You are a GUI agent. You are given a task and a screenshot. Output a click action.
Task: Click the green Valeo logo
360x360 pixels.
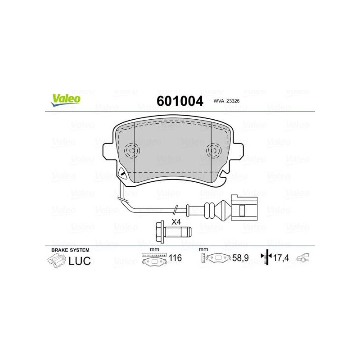pyautogui.click(x=66, y=100)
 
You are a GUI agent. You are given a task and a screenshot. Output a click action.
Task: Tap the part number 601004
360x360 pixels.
pyautogui.click(x=180, y=101)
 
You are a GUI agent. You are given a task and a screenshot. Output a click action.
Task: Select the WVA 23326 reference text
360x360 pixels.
pyautogui.click(x=226, y=101)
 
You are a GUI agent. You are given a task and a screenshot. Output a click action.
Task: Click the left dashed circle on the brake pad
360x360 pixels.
pyautogui.click(x=132, y=151)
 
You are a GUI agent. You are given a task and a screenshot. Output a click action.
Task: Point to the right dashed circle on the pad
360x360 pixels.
pyautogui.click(x=214, y=151)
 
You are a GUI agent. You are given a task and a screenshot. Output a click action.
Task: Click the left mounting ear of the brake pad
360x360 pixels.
pyautogui.click(x=108, y=151)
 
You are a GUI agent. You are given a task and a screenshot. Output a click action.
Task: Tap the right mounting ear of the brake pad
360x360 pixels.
pyautogui.click(x=238, y=151)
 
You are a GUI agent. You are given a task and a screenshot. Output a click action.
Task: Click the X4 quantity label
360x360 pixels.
pyautogui.click(x=176, y=222)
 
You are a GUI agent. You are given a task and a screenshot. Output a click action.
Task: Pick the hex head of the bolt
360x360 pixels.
pyautogui.click(x=160, y=231)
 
